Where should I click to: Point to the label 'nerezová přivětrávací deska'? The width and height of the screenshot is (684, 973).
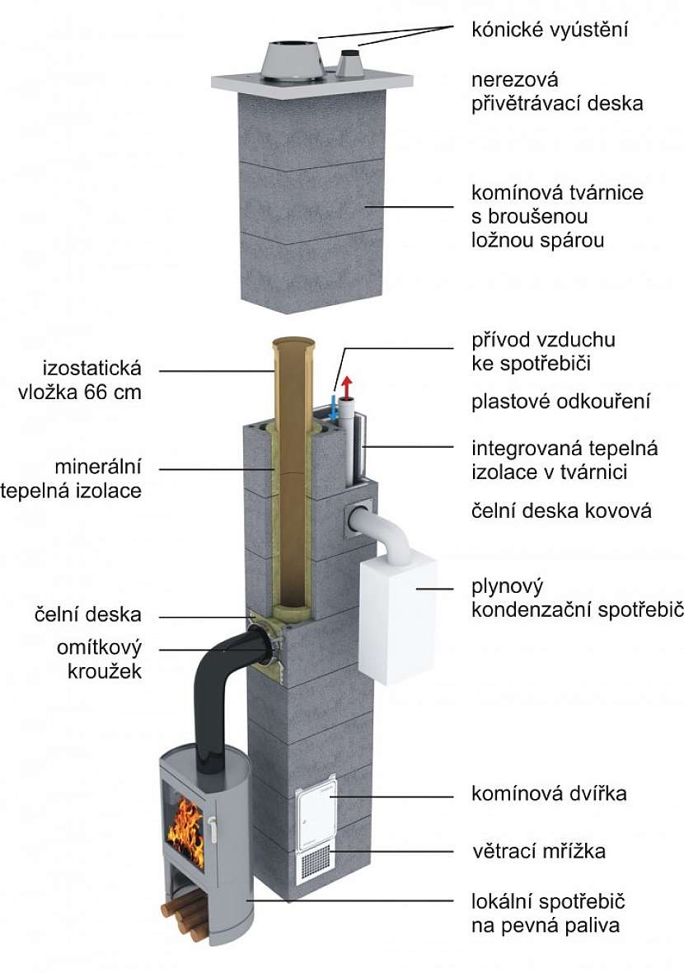point(556,92)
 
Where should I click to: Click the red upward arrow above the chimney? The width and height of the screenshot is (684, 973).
point(347,385)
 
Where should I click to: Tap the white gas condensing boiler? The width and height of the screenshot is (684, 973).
point(396,618)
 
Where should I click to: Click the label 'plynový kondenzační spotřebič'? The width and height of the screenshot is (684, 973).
point(576,598)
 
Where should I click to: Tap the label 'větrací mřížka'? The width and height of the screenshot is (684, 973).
point(538,850)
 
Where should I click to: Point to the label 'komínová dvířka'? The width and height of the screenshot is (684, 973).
point(549,793)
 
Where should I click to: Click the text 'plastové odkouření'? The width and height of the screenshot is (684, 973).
point(561,402)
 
